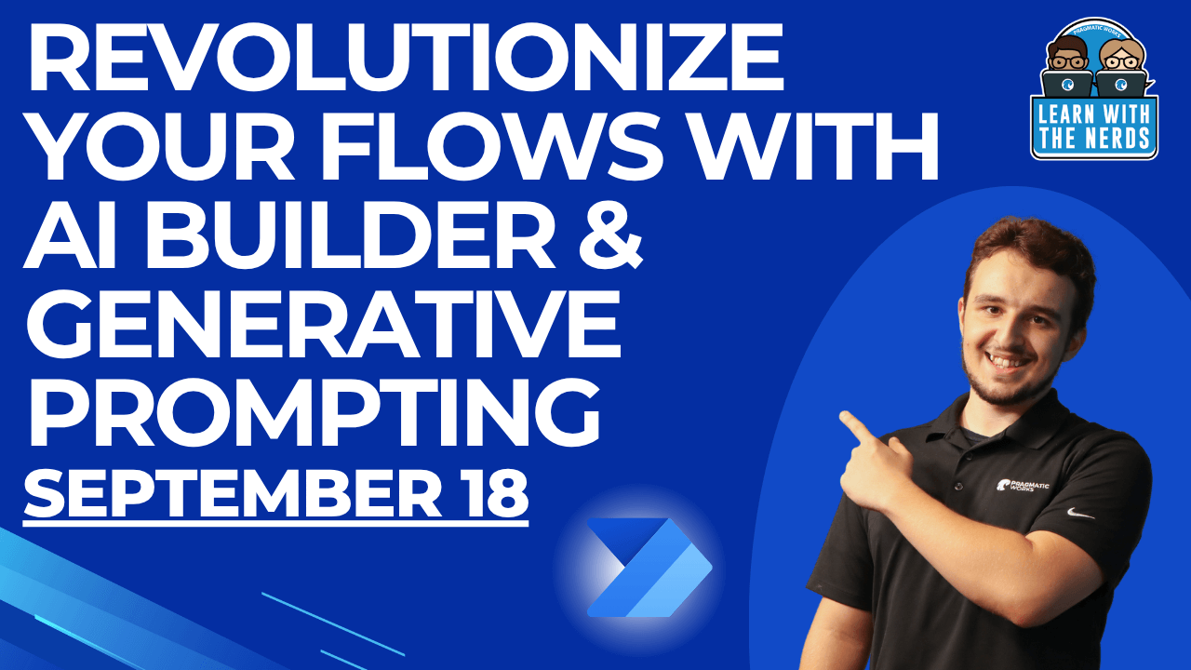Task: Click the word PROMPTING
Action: (312, 415)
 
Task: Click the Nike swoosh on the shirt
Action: (1081, 513)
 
